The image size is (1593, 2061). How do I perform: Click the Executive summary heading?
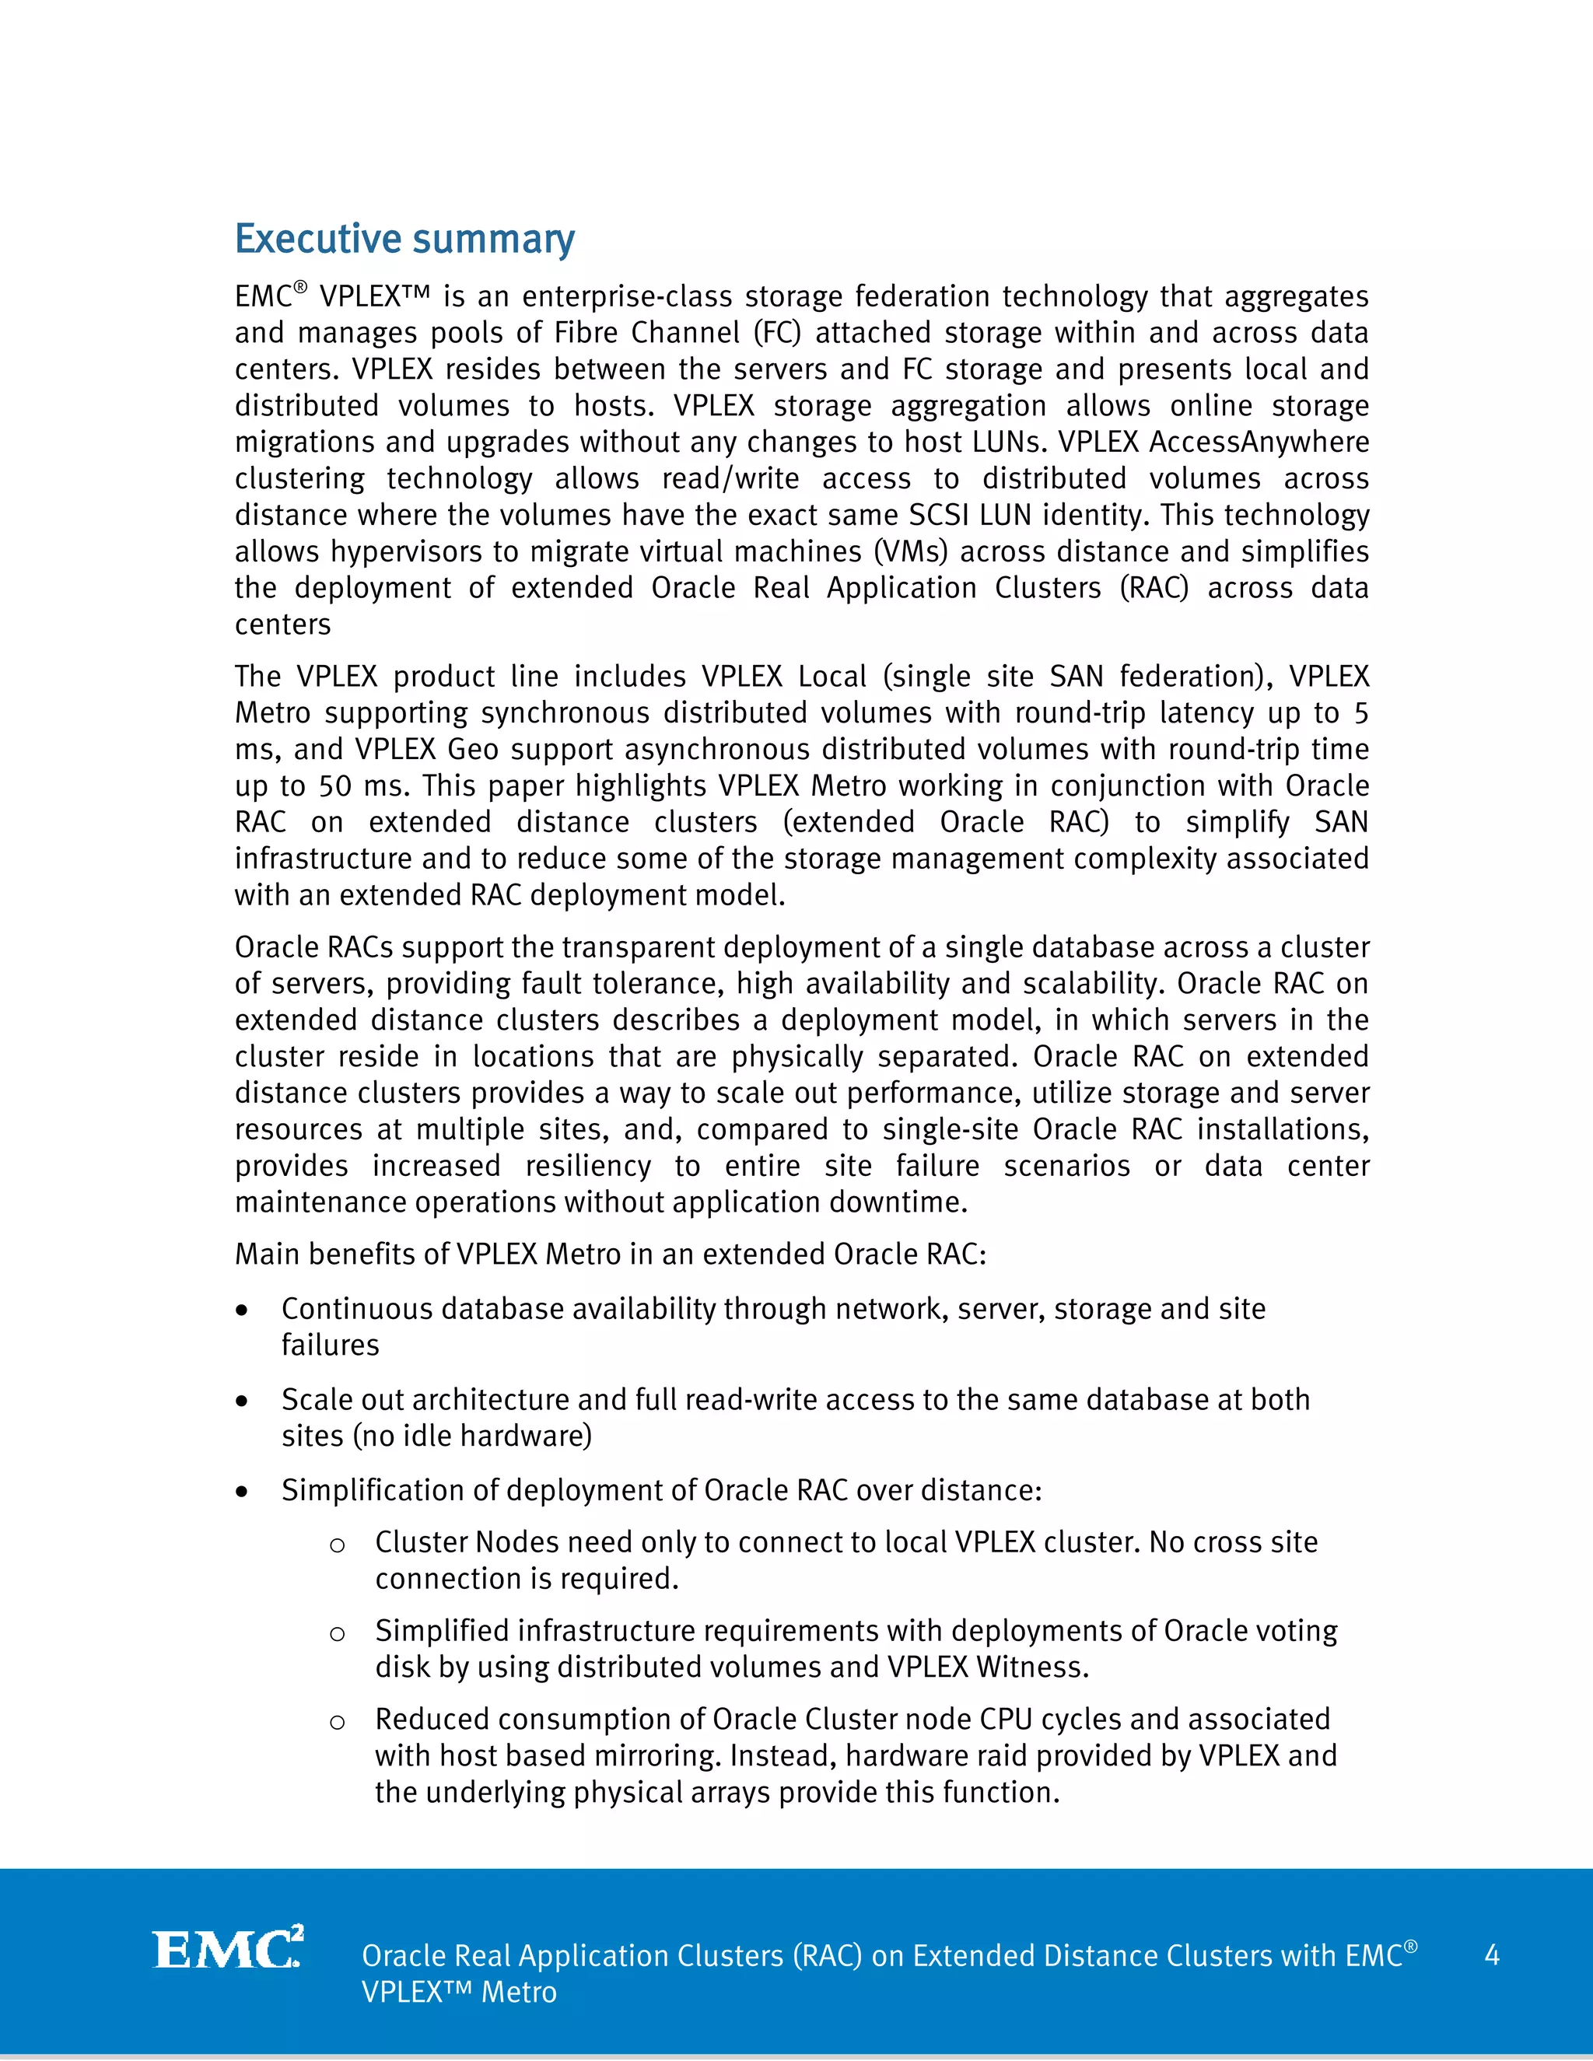click(x=404, y=240)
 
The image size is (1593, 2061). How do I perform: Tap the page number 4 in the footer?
click(x=1491, y=1954)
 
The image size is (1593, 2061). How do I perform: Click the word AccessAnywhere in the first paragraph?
click(x=1259, y=442)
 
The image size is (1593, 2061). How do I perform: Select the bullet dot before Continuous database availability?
click(x=243, y=1310)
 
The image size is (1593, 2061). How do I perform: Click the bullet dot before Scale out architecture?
click(x=243, y=1401)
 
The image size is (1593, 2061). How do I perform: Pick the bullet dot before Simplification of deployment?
click(x=243, y=1492)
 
